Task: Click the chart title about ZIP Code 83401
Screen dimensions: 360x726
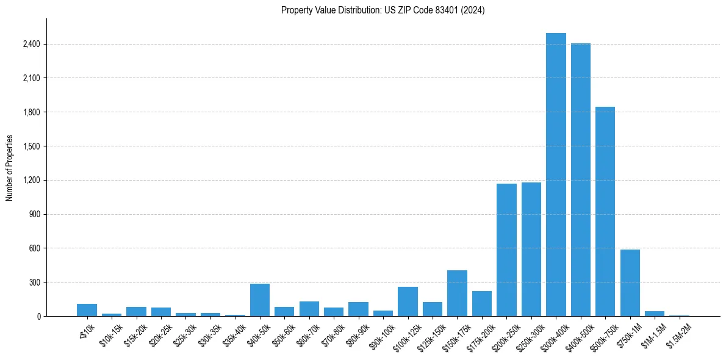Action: pos(383,10)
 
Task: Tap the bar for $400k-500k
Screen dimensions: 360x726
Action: pos(580,180)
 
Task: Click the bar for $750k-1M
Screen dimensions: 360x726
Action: pos(630,283)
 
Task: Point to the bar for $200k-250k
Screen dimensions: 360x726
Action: pos(506,250)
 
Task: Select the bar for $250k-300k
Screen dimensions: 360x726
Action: pos(531,250)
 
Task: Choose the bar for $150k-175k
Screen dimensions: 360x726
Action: pos(457,293)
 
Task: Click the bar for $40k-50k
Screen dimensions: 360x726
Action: pos(260,300)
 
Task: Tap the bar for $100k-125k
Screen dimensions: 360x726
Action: pos(408,301)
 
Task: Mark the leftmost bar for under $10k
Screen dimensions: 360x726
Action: pos(87,310)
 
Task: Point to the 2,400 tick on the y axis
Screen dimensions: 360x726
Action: pos(31,45)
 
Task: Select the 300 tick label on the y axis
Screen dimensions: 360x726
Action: pos(34,283)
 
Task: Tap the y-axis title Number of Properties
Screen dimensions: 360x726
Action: pos(10,167)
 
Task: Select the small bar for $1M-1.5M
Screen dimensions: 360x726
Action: pos(654,314)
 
